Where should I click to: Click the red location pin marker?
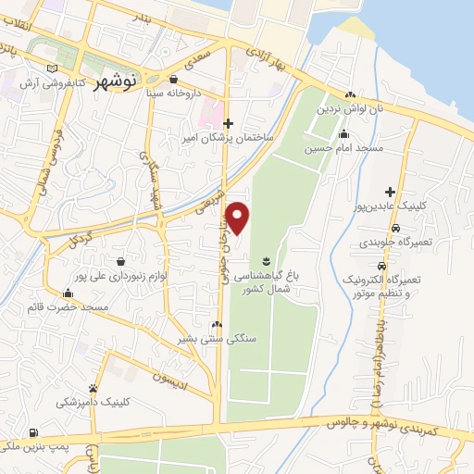tap(238, 218)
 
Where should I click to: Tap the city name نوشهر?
tap(115, 81)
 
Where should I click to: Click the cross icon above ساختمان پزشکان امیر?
tap(228, 122)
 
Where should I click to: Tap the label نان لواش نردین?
tap(349, 109)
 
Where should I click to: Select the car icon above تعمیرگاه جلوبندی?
tap(396, 228)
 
